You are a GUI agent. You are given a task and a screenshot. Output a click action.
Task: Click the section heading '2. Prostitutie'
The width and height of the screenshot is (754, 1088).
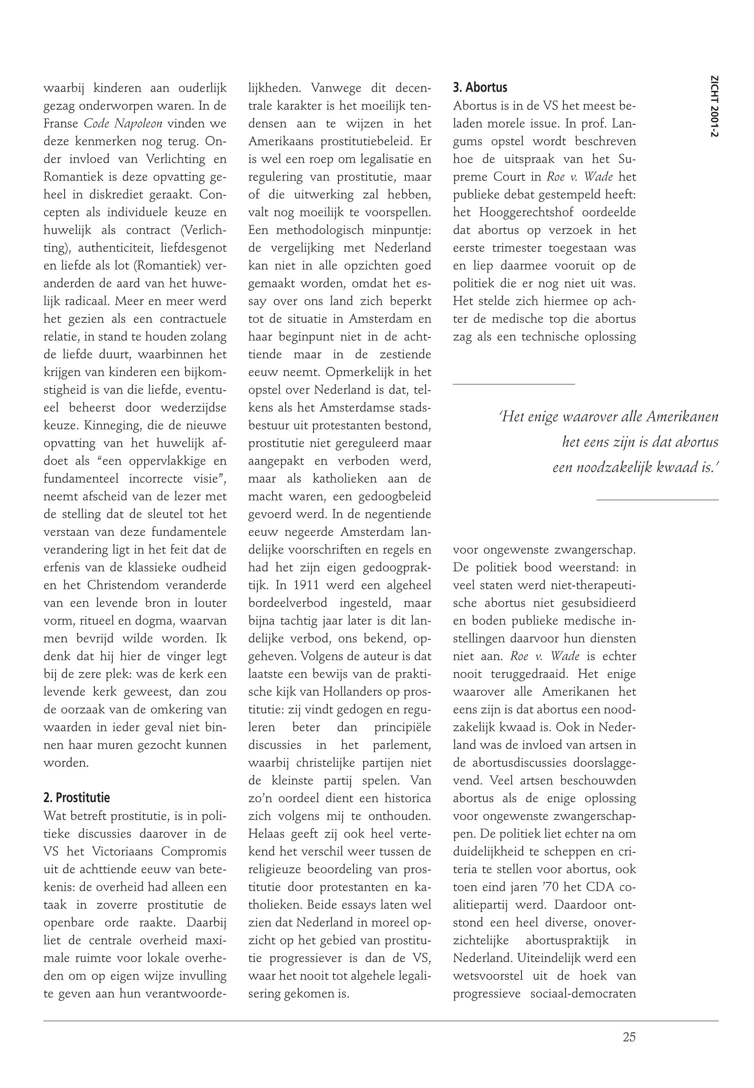tap(76, 798)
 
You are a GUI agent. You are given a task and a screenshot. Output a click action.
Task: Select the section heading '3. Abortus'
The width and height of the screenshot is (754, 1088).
tap(480, 88)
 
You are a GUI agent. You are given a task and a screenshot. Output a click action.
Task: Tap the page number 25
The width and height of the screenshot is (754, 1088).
tap(629, 1037)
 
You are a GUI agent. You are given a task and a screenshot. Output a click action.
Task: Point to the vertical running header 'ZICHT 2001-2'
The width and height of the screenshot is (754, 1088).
tap(710, 108)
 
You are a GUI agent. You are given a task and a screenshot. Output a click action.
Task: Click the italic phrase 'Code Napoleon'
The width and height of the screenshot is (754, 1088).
tap(123, 124)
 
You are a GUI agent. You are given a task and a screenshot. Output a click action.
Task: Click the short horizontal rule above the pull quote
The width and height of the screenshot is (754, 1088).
tap(514, 384)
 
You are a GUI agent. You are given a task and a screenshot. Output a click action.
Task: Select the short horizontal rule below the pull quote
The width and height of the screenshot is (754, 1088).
tap(657, 499)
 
